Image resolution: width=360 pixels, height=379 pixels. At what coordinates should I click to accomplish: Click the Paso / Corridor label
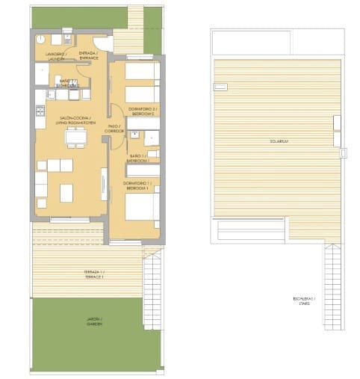[x=114, y=129]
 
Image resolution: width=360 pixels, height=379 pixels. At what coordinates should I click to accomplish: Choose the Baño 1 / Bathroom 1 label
[x=137, y=158]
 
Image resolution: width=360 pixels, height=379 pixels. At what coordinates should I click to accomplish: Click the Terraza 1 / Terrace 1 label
[x=94, y=274]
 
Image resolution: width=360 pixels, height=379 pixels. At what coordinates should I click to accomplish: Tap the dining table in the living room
[x=75, y=137]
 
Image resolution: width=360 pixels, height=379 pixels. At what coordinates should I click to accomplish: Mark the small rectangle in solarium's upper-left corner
[x=220, y=87]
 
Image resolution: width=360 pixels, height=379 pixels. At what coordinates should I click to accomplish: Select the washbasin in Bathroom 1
[x=136, y=135]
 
